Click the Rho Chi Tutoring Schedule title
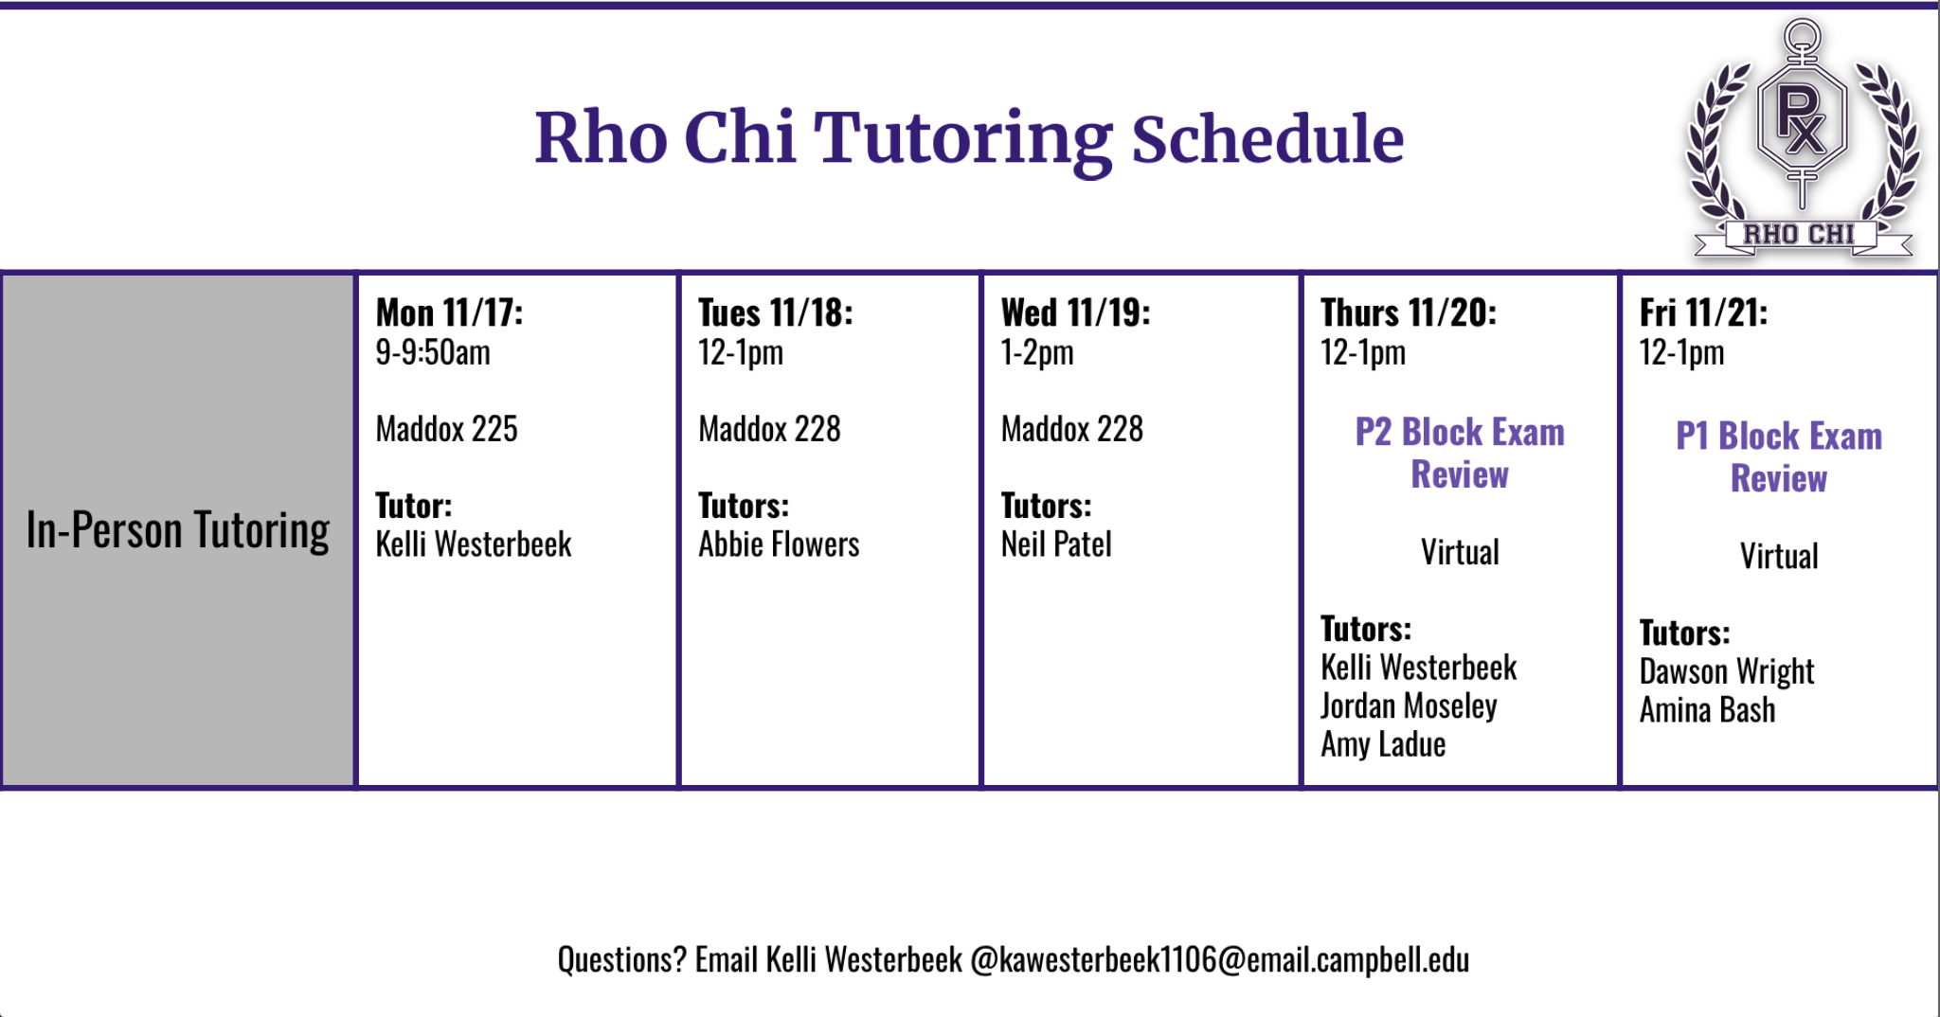[969, 139]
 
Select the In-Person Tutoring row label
[178, 529]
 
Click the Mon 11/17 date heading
[449, 312]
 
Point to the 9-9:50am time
[433, 352]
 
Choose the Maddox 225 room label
[446, 429]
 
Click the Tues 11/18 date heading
[775, 312]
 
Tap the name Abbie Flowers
[779, 544]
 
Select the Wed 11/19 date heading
[1075, 312]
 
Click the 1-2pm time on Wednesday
[1037, 352]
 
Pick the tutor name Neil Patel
[1056, 544]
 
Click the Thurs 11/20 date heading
[1409, 312]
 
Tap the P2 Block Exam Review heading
[1460, 453]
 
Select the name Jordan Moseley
[1409, 706]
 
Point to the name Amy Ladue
[1383, 744]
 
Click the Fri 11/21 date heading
[1703, 312]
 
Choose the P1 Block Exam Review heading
[1779, 456]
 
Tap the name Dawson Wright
[1727, 671]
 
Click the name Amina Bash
[1707, 710]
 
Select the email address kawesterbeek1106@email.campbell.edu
[1220, 960]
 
